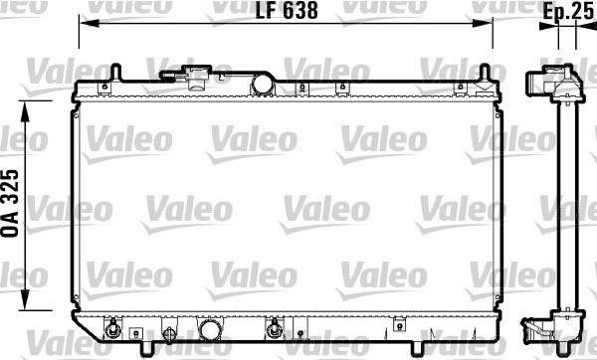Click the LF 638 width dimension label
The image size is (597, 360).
click(x=287, y=11)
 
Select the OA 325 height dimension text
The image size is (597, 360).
click(x=10, y=203)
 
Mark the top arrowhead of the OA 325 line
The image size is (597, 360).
click(x=25, y=111)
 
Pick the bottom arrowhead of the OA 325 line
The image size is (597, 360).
click(x=25, y=300)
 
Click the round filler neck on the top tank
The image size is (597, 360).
click(x=263, y=85)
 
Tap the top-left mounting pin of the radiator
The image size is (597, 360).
click(x=115, y=73)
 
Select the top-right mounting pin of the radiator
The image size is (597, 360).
click(x=484, y=73)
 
